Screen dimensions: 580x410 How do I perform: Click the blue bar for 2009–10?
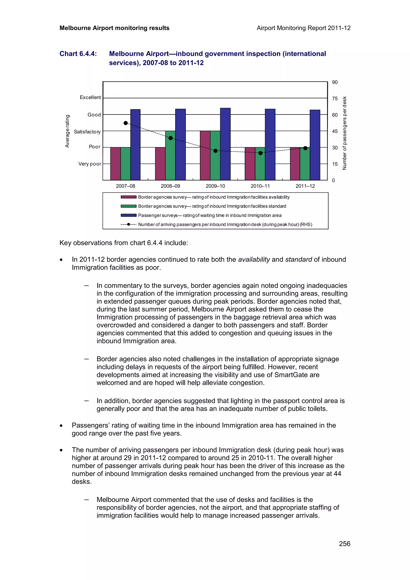[x=225, y=144]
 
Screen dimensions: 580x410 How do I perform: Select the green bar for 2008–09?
[x=170, y=155]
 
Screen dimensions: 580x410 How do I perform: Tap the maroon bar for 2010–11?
[x=250, y=164]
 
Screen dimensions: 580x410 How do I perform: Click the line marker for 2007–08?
[x=126, y=123]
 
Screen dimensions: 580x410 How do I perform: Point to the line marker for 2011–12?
[x=305, y=148]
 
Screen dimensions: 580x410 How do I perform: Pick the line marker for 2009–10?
[x=215, y=151]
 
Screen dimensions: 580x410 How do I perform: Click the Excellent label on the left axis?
[x=90, y=97]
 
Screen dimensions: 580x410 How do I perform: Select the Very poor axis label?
[x=90, y=164]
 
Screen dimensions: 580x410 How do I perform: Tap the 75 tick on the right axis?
[x=335, y=98]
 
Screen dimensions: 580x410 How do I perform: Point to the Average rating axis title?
[x=67, y=131]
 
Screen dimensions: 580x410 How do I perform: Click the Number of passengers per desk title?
[x=344, y=133]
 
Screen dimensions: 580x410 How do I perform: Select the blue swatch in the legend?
[x=129, y=215]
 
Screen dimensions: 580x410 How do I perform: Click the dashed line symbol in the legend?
[x=129, y=224]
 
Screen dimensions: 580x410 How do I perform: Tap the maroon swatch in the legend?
[x=129, y=197]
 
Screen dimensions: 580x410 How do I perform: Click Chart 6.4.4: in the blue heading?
[x=78, y=54]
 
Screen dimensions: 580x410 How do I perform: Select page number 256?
[x=344, y=544]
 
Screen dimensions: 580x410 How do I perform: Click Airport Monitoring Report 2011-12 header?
[x=303, y=28]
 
